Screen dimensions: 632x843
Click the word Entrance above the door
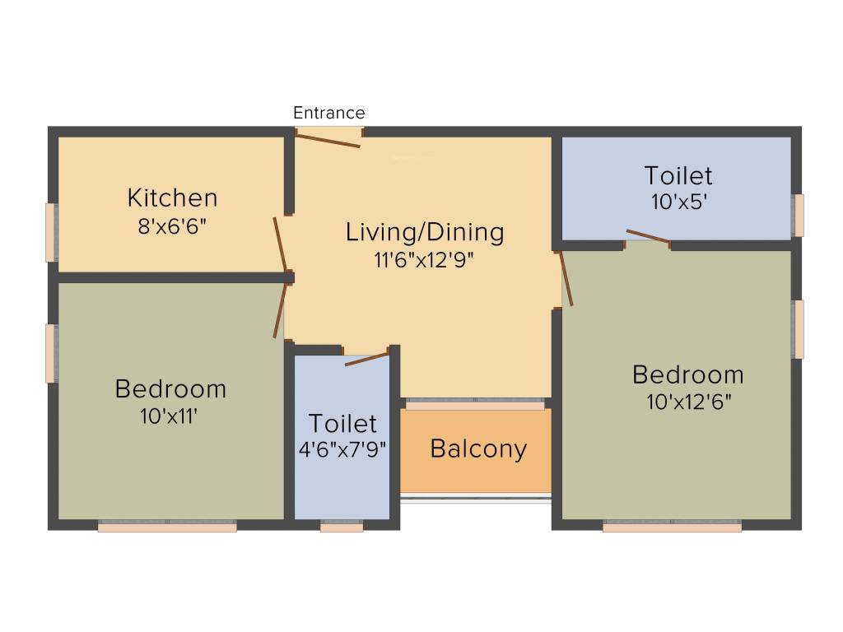click(x=328, y=113)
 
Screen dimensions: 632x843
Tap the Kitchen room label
click(x=172, y=198)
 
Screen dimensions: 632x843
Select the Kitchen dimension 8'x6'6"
click(x=172, y=225)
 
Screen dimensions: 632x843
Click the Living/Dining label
click(x=424, y=232)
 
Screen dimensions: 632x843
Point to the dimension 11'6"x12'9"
click(x=424, y=260)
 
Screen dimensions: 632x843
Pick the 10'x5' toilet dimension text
click(x=678, y=202)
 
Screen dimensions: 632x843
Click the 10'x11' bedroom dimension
click(x=170, y=416)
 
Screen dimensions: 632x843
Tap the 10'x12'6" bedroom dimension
click(x=689, y=402)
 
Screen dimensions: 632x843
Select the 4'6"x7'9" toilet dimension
click(x=342, y=449)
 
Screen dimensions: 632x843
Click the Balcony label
click(x=478, y=449)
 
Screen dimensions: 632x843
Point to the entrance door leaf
click(x=328, y=141)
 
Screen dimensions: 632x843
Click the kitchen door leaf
click(x=281, y=244)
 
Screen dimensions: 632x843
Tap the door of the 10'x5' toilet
click(x=648, y=237)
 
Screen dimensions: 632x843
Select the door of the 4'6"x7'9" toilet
click(x=366, y=359)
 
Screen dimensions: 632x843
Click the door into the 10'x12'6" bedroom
click(x=566, y=278)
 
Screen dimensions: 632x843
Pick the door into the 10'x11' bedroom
click(x=280, y=311)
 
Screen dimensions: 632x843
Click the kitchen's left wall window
click(x=51, y=232)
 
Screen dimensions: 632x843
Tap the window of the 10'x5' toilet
click(x=798, y=215)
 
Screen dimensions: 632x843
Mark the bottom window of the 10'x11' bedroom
click(x=167, y=527)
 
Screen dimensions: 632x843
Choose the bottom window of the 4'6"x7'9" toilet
click(x=342, y=527)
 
